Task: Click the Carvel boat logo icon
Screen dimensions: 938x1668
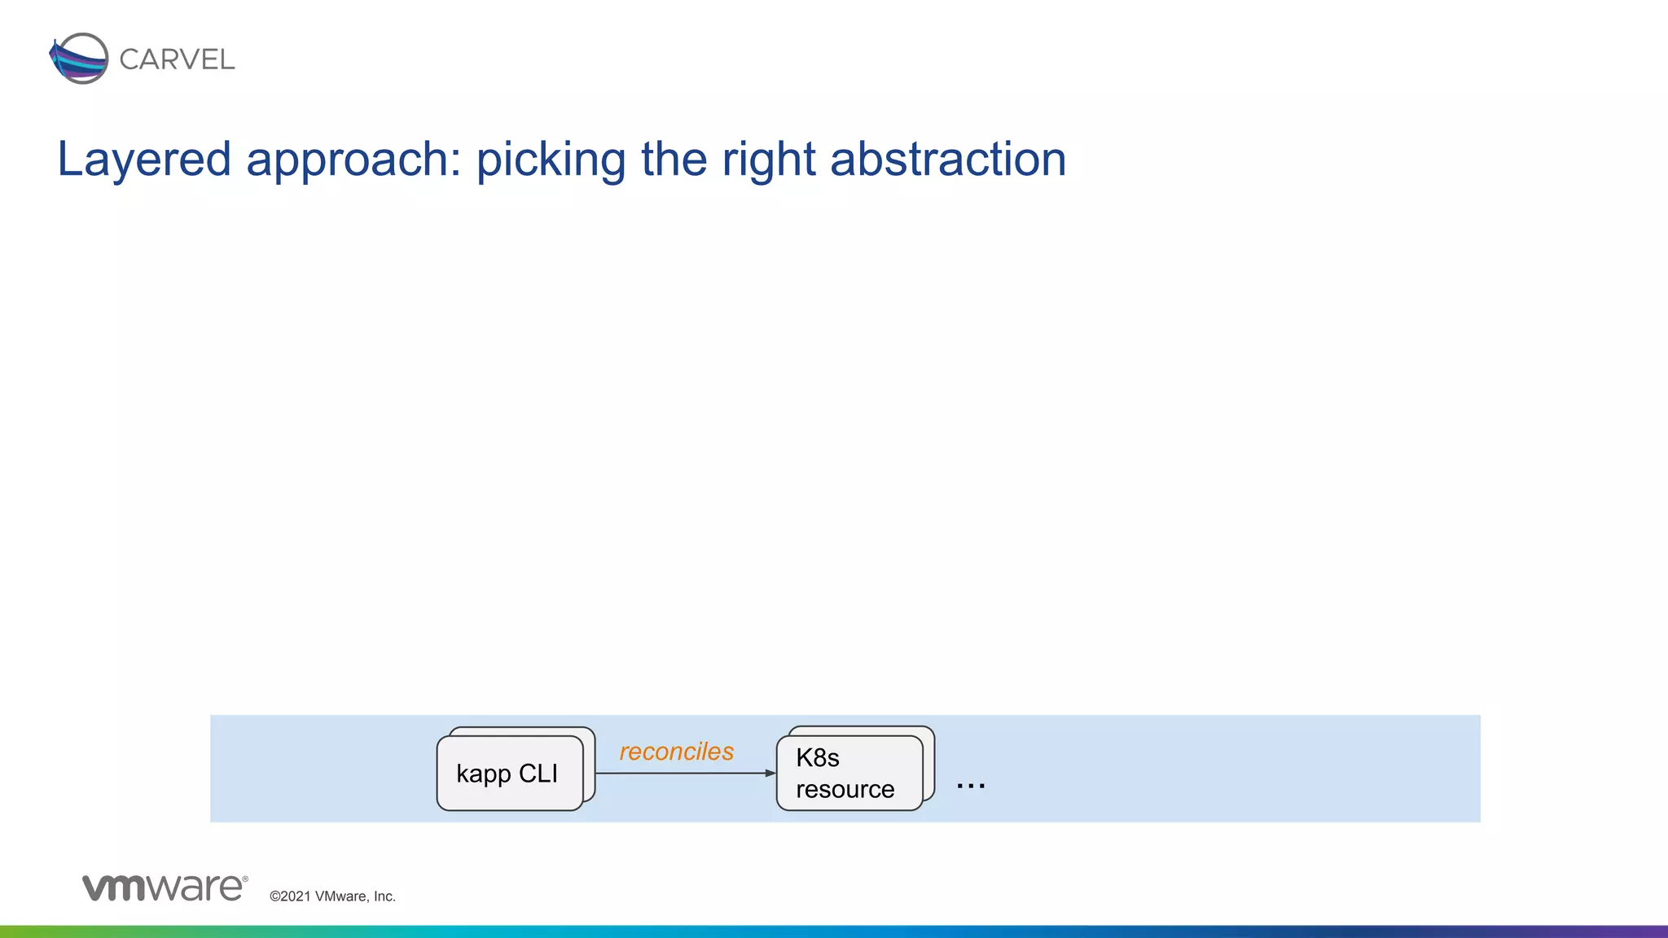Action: pyautogui.click(x=79, y=59)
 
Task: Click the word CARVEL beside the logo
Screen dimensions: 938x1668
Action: pyautogui.click(x=177, y=59)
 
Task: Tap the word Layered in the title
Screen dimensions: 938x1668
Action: pyautogui.click(x=144, y=160)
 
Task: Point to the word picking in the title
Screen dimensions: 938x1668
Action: pyautogui.click(x=551, y=160)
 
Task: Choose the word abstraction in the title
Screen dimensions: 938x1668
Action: pyautogui.click(x=948, y=160)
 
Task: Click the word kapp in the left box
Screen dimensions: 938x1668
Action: pyautogui.click(x=483, y=774)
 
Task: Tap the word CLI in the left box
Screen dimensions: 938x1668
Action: pyautogui.click(x=538, y=773)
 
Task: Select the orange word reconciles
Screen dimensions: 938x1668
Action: pyautogui.click(x=676, y=752)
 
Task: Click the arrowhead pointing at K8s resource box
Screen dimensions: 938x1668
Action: pyautogui.click(x=770, y=773)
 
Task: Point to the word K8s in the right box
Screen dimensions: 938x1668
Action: pyautogui.click(x=817, y=758)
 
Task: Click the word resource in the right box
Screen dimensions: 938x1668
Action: pyautogui.click(x=845, y=789)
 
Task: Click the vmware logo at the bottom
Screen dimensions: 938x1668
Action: pyautogui.click(x=164, y=888)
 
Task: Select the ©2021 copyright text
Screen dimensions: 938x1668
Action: pyautogui.click(x=290, y=896)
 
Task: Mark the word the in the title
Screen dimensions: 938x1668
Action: pyautogui.click(x=674, y=160)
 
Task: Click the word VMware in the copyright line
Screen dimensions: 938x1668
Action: pyautogui.click(x=340, y=896)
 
